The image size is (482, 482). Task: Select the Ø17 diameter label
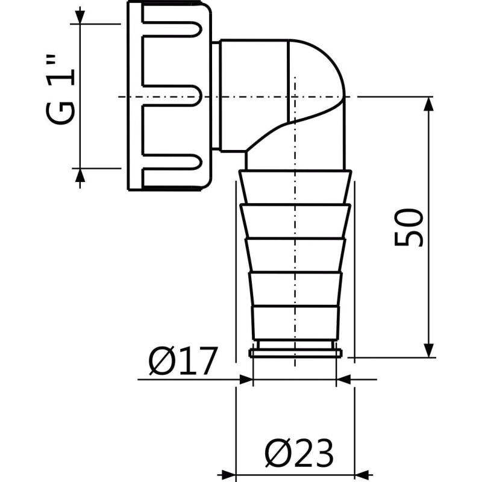click(x=182, y=363)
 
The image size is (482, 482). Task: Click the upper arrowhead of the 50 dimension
click(x=428, y=104)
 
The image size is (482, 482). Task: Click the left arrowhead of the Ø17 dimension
click(x=245, y=380)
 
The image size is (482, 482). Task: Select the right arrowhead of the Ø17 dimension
click(x=342, y=380)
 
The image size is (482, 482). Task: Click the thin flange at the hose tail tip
click(x=295, y=351)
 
